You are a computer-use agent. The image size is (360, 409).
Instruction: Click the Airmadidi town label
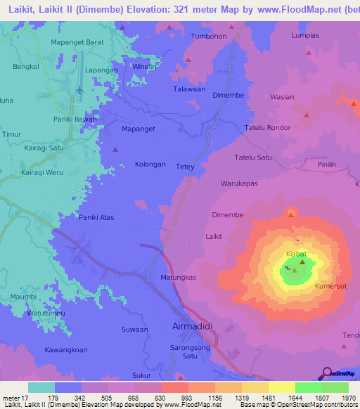pos(191,326)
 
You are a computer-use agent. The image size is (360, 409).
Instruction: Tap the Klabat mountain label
pos(296,254)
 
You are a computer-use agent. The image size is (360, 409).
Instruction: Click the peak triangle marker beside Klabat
pos(303,262)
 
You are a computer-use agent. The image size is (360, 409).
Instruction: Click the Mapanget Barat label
pos(77,42)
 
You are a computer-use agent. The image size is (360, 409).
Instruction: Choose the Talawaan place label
pos(189,90)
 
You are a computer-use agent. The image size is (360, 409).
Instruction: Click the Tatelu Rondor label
pos(266,127)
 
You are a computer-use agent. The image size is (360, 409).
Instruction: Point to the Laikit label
pos(214,237)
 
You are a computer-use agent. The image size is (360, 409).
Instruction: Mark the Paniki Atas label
pos(96,217)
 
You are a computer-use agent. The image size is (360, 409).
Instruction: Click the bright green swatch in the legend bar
pos(309,387)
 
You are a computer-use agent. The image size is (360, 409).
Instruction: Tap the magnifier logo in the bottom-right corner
pos(328,372)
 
